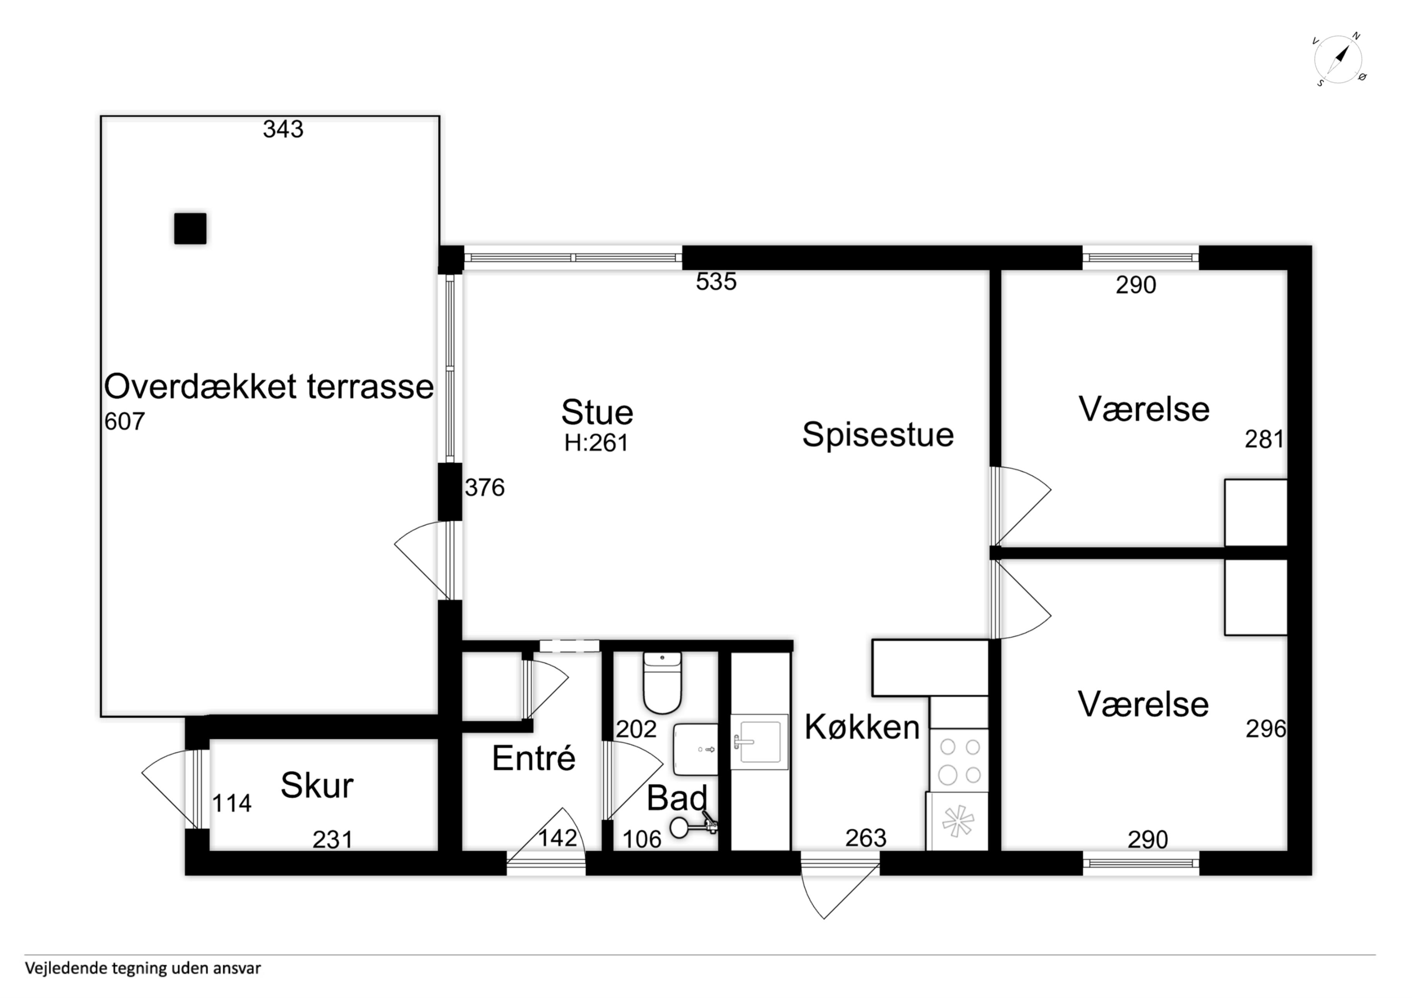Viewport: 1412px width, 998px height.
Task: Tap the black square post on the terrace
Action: coord(190,229)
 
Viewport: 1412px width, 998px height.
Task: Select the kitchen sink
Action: coord(759,741)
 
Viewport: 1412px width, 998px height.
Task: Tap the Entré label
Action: coord(534,758)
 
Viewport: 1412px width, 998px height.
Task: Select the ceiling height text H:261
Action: coord(596,443)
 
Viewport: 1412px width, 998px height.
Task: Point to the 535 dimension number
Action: coord(716,282)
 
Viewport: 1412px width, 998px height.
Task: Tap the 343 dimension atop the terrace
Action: coord(283,129)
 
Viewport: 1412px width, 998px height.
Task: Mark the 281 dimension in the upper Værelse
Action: coord(1265,440)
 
